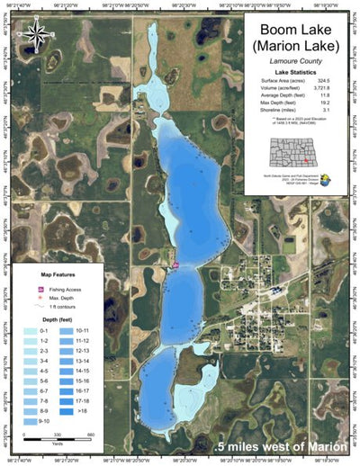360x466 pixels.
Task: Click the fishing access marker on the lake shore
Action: [176, 264]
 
